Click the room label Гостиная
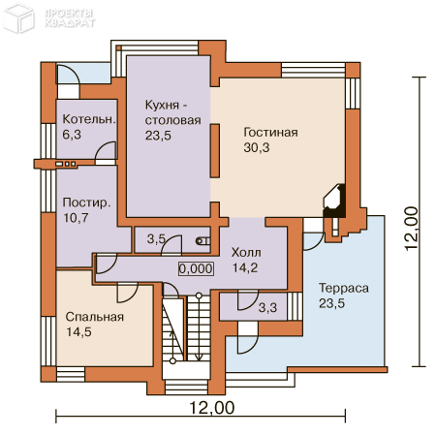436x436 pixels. pyautogui.click(x=270, y=133)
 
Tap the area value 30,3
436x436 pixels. pyautogui.click(x=257, y=147)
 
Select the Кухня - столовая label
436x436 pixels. pyautogui.click(x=172, y=112)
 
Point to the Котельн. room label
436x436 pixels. pyautogui.click(x=89, y=119)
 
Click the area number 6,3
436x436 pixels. pyautogui.click(x=72, y=135)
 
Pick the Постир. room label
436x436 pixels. pyautogui.click(x=86, y=202)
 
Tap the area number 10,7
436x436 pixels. pyautogui.click(x=76, y=218)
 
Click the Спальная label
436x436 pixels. pyautogui.click(x=95, y=317)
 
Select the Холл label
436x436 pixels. pyautogui.click(x=246, y=252)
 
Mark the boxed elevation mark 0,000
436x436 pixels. pyautogui.click(x=196, y=268)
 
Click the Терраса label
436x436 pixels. pyautogui.click(x=344, y=288)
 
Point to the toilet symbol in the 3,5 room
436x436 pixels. pyautogui.click(x=202, y=241)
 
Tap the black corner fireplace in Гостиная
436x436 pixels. pyautogui.click(x=334, y=201)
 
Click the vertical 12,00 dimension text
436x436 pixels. pyautogui.click(x=412, y=229)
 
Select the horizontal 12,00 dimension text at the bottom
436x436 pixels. pyautogui.click(x=211, y=408)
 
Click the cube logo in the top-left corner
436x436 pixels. pyautogui.click(x=18, y=17)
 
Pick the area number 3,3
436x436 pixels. pyautogui.click(x=267, y=307)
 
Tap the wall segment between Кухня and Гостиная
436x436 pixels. pyautogui.click(x=215, y=151)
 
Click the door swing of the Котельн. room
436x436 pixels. pyautogui.click(x=106, y=150)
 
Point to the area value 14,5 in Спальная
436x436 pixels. pyautogui.click(x=78, y=332)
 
